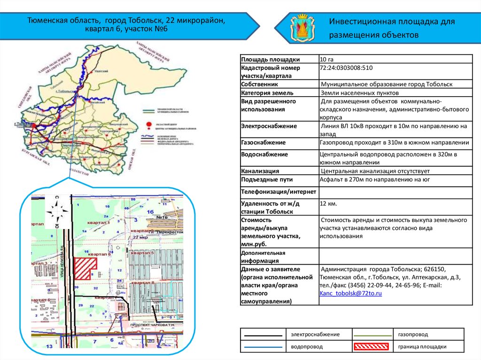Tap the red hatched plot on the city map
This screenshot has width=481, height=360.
[86, 269]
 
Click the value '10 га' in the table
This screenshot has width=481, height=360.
[326, 59]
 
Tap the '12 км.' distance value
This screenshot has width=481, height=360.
[328, 204]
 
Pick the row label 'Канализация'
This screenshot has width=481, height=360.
[260, 171]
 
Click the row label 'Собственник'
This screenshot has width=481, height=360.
[259, 84]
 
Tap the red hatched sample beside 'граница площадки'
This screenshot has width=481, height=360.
[372, 347]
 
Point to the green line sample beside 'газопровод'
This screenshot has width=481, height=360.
[372, 335]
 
